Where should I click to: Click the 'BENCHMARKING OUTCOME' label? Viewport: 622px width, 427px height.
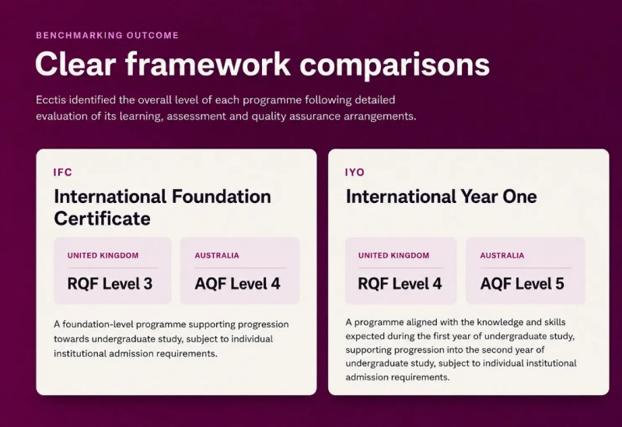pyautogui.click(x=107, y=35)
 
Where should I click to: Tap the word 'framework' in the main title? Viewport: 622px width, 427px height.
pyautogui.click(x=208, y=64)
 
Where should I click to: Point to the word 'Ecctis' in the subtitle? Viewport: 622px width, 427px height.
pyautogui.click(x=51, y=100)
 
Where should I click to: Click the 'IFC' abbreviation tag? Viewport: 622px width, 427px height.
pyautogui.click(x=63, y=172)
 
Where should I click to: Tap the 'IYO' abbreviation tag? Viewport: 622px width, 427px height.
pyautogui.click(x=355, y=172)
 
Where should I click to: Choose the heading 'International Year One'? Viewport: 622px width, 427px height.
pyautogui.click(x=441, y=197)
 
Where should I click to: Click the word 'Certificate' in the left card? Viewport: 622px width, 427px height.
pyautogui.click(x=102, y=219)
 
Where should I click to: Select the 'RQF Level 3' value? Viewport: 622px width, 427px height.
pyautogui.click(x=110, y=284)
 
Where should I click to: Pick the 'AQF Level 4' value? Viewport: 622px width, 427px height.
pyautogui.click(x=237, y=284)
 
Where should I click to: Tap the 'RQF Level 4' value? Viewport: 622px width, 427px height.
pyautogui.click(x=400, y=284)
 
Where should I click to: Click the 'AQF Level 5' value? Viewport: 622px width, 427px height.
pyautogui.click(x=522, y=284)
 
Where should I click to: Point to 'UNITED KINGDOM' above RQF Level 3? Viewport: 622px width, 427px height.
pyautogui.click(x=103, y=256)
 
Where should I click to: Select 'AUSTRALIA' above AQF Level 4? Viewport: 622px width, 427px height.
pyautogui.click(x=217, y=256)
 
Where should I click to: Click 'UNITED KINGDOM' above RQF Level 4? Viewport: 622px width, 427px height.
pyautogui.click(x=394, y=256)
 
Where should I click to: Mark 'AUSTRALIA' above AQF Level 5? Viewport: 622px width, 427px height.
pyautogui.click(x=502, y=256)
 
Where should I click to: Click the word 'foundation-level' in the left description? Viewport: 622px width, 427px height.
pyautogui.click(x=98, y=324)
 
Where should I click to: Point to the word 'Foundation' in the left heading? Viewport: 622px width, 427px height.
pyautogui.click(x=222, y=197)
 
